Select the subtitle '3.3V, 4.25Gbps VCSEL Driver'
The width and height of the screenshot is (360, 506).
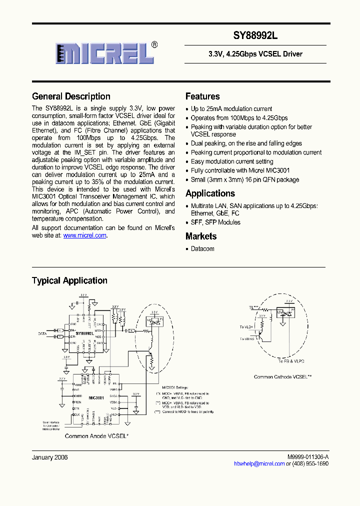(x=255, y=54)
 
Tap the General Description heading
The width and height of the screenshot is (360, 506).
(x=71, y=96)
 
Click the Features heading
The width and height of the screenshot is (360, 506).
(x=202, y=96)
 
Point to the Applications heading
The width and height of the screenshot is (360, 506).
(x=210, y=193)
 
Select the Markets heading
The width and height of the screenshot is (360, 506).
(x=201, y=236)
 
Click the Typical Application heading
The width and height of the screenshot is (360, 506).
(x=69, y=280)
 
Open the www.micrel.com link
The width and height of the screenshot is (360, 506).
(x=85, y=235)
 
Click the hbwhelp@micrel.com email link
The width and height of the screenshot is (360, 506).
(x=259, y=464)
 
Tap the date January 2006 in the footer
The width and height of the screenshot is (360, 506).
(x=50, y=457)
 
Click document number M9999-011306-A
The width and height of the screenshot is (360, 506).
(x=308, y=457)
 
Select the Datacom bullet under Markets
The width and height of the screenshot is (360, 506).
(x=202, y=248)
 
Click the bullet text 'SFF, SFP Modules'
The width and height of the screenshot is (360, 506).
(x=215, y=222)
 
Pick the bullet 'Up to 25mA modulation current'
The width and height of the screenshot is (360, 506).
(x=231, y=108)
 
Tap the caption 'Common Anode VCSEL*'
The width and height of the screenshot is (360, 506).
(x=97, y=436)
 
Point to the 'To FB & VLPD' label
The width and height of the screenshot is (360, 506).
(x=291, y=360)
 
